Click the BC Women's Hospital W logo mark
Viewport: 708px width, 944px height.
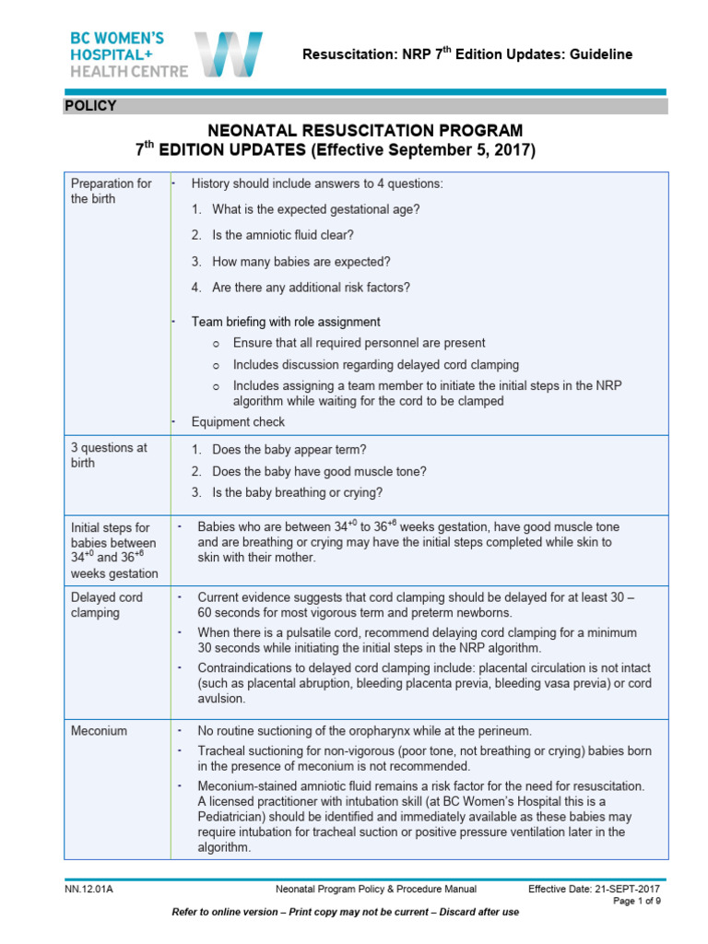pyautogui.click(x=228, y=54)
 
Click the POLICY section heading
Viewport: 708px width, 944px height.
pyautogui.click(x=90, y=106)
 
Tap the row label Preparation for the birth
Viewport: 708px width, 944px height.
pyautogui.click(x=112, y=191)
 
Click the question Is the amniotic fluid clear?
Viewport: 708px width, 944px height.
pyautogui.click(x=283, y=235)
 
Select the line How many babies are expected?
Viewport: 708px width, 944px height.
pyautogui.click(x=301, y=261)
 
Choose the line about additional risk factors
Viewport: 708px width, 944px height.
pyautogui.click(x=311, y=287)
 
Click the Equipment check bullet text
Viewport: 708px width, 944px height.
pyautogui.click(x=238, y=422)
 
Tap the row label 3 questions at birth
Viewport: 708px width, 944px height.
pyautogui.click(x=109, y=455)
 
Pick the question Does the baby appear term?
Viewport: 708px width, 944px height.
pyautogui.click(x=289, y=450)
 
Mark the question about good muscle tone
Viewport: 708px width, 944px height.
pyautogui.click(x=319, y=471)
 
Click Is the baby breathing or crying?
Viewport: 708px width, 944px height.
pyautogui.click(x=297, y=492)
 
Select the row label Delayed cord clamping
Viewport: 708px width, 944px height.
pyautogui.click(x=107, y=605)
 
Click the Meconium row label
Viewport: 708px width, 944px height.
pyautogui.click(x=100, y=731)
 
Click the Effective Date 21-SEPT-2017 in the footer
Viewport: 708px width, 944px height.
pyautogui.click(x=595, y=890)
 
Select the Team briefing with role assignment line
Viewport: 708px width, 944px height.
pyautogui.click(x=286, y=322)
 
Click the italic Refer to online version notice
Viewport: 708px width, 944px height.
pyautogui.click(x=346, y=912)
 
